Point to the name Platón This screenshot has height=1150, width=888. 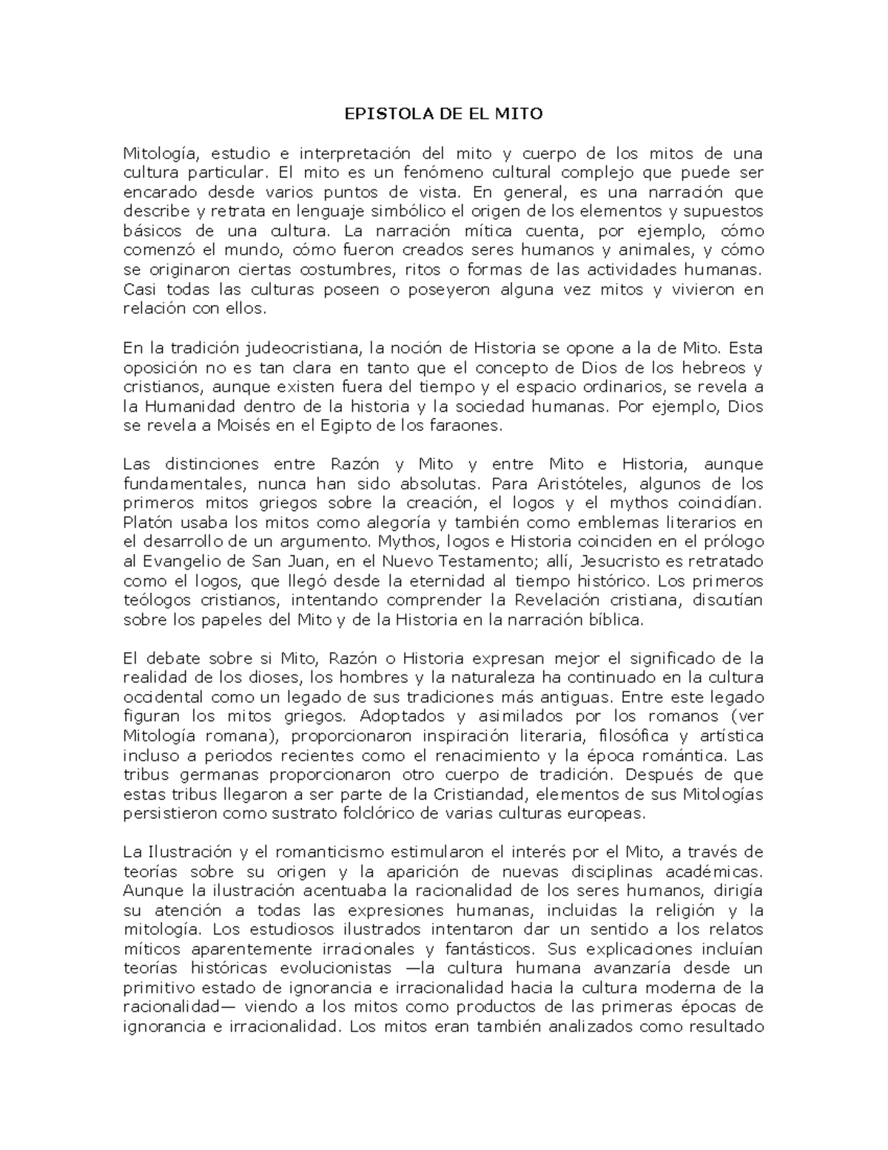146,523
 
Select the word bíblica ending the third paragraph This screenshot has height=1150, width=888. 613,620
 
